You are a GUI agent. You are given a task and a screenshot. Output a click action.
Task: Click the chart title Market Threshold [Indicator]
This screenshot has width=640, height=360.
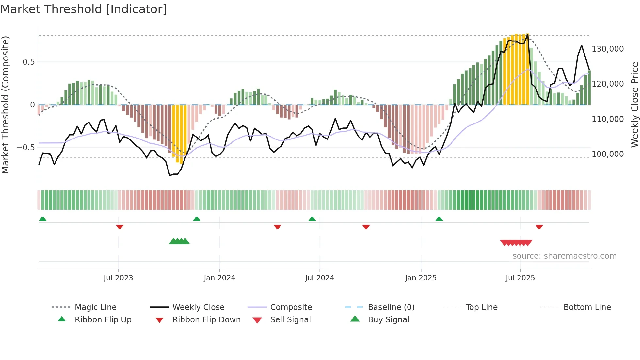click(84, 9)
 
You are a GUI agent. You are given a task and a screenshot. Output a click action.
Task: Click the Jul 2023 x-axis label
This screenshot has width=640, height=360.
click(118, 278)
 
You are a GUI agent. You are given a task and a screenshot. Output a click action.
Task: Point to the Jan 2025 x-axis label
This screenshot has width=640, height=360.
click(421, 278)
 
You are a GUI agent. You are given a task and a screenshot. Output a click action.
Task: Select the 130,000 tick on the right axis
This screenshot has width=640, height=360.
click(608, 49)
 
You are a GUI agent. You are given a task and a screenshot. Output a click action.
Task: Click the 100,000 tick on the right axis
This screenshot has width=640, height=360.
click(608, 154)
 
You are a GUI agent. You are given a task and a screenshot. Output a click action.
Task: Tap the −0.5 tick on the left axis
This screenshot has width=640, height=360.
click(26, 148)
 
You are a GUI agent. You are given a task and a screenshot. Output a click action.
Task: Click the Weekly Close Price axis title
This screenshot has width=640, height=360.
click(635, 105)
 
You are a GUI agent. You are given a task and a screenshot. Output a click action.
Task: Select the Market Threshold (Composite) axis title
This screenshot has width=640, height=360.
click(5, 105)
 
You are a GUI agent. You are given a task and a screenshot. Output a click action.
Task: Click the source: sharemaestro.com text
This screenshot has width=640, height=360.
click(564, 256)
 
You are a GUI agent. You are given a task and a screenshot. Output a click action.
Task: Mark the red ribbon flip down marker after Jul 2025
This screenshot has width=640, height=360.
click(539, 227)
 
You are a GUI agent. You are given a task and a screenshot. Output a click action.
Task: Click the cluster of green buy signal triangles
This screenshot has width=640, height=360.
click(179, 241)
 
